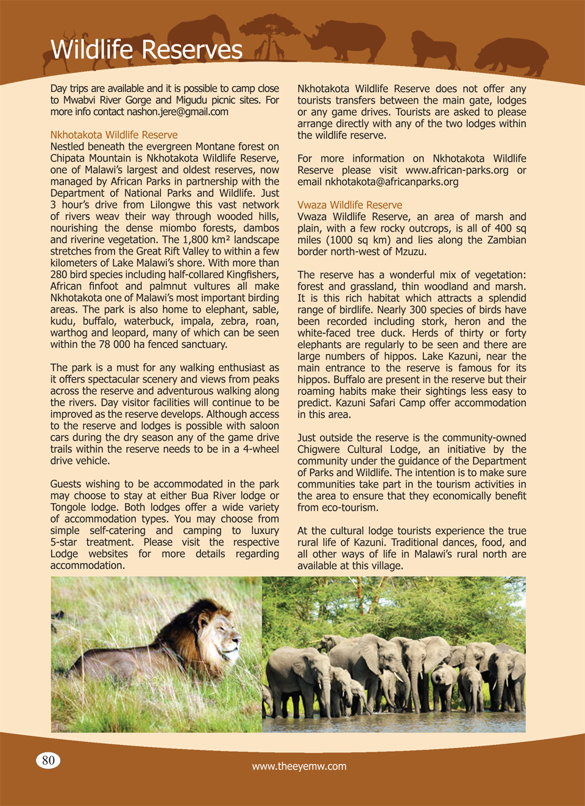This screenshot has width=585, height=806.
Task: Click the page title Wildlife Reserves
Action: click(x=146, y=49)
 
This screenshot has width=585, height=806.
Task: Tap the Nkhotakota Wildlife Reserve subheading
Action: click(x=114, y=135)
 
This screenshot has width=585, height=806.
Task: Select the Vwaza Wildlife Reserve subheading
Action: click(x=350, y=205)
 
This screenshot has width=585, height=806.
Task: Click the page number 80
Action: click(x=48, y=760)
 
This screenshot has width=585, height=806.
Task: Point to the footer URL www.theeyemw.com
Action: click(x=299, y=766)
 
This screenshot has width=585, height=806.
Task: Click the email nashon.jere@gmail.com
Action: click(x=177, y=112)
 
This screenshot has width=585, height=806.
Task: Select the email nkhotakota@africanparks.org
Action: click(x=392, y=182)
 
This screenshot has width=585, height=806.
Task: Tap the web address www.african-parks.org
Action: click(x=456, y=170)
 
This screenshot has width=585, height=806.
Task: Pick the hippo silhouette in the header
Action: click(x=512, y=54)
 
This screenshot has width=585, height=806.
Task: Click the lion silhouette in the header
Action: click(x=433, y=49)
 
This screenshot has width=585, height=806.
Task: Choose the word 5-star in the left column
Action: click(x=65, y=542)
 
